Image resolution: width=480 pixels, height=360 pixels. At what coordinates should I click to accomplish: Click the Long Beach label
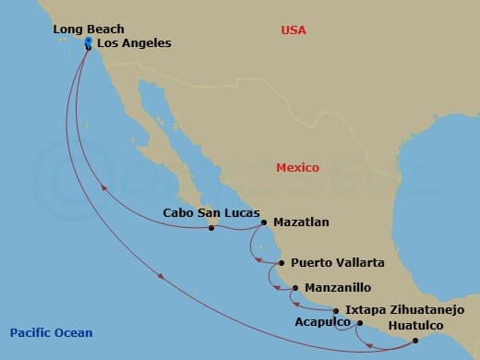89,30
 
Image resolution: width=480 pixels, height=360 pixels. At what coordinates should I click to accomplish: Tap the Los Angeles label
134,43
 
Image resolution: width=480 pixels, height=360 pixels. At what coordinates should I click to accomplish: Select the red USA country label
294,30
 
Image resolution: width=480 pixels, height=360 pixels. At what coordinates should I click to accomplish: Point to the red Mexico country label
297,168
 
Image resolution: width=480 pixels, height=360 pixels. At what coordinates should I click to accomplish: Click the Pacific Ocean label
51,333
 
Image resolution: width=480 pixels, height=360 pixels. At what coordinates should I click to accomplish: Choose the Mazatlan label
300,222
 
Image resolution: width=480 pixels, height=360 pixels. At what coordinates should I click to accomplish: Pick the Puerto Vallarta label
337,263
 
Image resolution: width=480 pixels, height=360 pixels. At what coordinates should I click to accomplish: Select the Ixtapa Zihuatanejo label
398,310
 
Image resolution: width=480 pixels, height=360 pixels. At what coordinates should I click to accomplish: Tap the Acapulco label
322,323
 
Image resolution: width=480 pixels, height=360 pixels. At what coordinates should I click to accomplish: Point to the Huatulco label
421,326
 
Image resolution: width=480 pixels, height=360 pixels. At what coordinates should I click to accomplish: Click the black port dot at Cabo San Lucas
211,227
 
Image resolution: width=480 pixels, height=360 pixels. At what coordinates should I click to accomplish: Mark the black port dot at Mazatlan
264,222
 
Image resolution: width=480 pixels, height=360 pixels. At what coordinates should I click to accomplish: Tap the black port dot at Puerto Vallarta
281,263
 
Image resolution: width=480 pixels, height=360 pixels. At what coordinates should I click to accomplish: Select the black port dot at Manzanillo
294,288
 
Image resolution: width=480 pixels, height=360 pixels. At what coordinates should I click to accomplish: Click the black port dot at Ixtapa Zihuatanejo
335,311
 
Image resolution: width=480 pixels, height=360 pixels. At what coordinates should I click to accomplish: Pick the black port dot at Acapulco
359,323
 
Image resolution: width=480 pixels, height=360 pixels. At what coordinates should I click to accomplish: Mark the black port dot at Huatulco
415,341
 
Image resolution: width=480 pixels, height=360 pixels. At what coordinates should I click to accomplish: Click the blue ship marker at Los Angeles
88,43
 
